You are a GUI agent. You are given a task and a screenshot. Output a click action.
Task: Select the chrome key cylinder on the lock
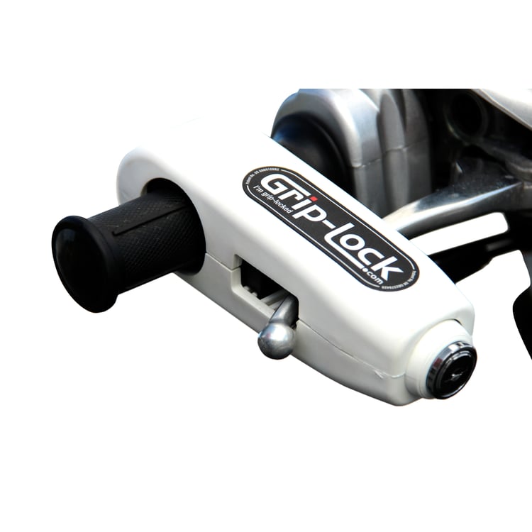(451, 369)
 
